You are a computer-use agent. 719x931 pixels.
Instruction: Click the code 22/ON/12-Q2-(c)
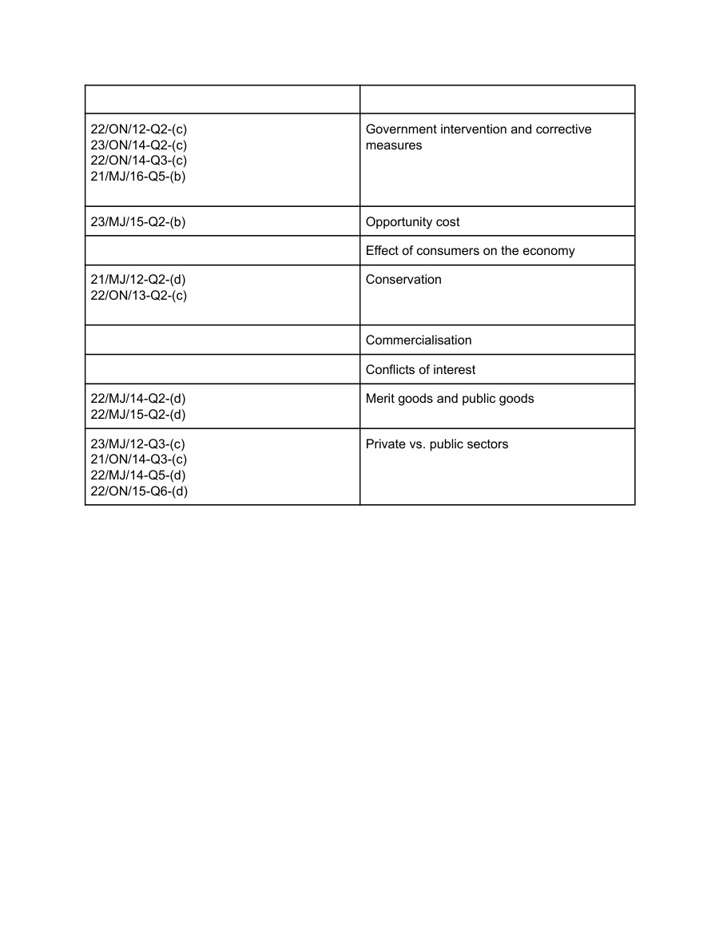click(139, 129)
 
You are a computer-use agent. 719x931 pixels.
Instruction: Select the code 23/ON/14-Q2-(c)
click(139, 145)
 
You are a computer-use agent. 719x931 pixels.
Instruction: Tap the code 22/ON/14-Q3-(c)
click(139, 161)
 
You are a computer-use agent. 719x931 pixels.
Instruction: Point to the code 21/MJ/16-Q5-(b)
click(138, 177)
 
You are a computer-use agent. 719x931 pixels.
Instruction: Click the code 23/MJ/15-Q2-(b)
click(138, 222)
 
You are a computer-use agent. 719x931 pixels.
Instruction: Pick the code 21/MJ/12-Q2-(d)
click(138, 280)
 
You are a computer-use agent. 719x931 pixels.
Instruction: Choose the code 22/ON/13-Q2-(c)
click(139, 296)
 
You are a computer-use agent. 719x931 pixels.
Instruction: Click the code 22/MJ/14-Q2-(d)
click(138, 399)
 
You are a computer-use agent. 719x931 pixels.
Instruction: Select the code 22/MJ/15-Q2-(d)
click(138, 415)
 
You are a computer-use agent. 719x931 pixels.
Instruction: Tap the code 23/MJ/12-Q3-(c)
click(138, 444)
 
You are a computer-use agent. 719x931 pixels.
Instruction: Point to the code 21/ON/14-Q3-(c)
click(139, 460)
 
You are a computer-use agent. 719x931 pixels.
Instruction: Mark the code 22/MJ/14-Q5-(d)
click(138, 475)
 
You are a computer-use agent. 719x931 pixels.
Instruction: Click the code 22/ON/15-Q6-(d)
click(139, 491)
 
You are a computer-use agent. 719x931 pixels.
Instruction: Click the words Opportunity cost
click(412, 222)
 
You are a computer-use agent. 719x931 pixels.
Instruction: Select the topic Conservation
click(403, 280)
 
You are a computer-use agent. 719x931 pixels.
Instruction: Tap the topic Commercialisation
click(419, 340)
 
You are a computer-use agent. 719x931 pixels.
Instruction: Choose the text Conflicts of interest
click(420, 370)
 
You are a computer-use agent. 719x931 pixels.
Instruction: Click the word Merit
click(381, 399)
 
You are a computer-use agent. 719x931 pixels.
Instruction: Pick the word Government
click(402, 129)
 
